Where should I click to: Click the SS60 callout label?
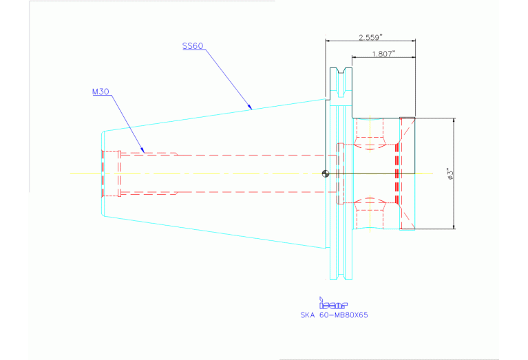point(192,46)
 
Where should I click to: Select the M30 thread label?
point(101,91)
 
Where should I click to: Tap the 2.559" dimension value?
point(370,36)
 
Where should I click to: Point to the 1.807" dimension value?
point(383,54)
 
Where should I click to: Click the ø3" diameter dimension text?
point(449,173)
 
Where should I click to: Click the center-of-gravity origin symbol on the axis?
point(326,173)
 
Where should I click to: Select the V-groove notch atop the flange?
point(341,72)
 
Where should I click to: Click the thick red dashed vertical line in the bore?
point(397,173)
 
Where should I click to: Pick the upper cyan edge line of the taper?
point(213,114)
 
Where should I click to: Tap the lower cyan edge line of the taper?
point(213,233)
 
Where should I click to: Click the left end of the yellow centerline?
point(72,173)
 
